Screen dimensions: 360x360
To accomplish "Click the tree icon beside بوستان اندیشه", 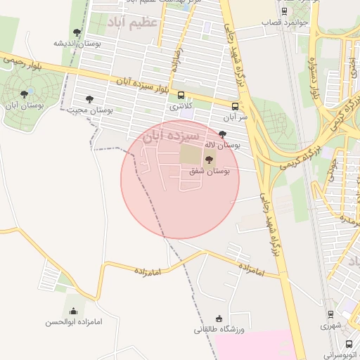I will pyautogui.click(x=77, y=32).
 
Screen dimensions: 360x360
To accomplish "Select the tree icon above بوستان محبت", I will pyautogui.click(x=89, y=100).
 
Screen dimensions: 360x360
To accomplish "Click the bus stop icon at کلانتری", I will pyautogui.click(x=181, y=96).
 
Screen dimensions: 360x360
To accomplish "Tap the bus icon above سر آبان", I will pyautogui.click(x=235, y=107).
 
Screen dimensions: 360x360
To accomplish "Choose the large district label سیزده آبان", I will pyautogui.click(x=172, y=136).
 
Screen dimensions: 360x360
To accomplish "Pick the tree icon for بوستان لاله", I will pyautogui.click(x=223, y=134).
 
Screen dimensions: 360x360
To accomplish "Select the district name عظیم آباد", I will pyautogui.click(x=134, y=23).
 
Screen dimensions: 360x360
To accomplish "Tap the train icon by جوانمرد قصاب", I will pyautogui.click(x=283, y=11).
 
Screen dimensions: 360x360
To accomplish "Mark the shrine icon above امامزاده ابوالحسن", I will pyautogui.click(x=73, y=311).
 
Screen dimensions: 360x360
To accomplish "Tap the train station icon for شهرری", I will pyautogui.click(x=330, y=314).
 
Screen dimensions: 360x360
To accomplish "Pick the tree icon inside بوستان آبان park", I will pyautogui.click(x=25, y=94).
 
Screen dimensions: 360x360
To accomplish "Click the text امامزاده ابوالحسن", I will pyautogui.click(x=73, y=322).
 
